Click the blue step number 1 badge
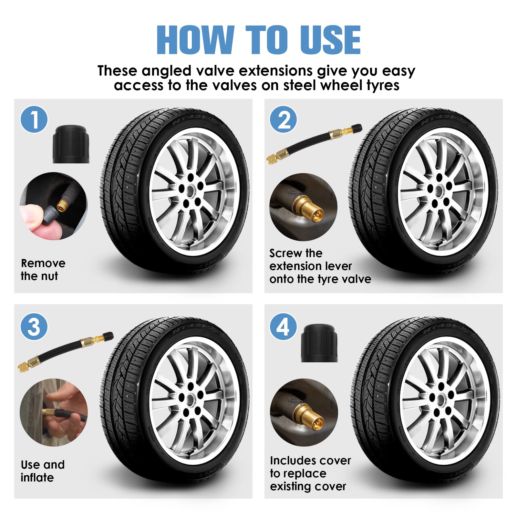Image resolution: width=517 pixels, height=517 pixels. (34, 119)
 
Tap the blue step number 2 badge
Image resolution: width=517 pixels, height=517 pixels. (284, 119)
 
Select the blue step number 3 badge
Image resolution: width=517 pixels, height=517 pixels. (34, 326)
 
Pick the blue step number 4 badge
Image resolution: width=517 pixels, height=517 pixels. (284, 326)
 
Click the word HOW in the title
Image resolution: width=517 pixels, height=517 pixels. (195, 40)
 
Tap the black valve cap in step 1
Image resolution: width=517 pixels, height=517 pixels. (71, 144)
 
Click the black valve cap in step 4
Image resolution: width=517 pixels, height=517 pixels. (319, 343)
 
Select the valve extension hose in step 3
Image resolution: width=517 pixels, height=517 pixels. (66, 352)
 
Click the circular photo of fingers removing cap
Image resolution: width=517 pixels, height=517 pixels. (54, 206)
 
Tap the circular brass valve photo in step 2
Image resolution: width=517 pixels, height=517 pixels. (303, 207)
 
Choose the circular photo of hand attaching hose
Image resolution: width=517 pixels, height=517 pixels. (54, 412)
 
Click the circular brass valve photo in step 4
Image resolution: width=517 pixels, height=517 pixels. (304, 412)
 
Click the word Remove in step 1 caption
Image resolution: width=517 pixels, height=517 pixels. (43, 263)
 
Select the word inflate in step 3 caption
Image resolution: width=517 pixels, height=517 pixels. (37, 477)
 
